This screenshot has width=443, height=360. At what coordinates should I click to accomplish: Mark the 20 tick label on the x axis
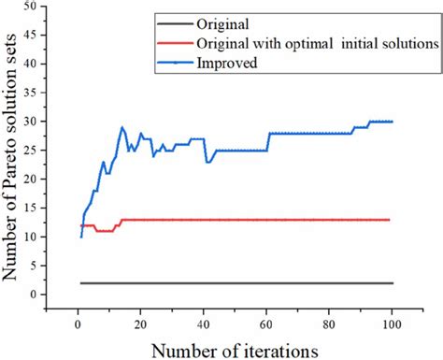140,324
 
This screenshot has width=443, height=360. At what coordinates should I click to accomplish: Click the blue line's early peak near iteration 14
121,127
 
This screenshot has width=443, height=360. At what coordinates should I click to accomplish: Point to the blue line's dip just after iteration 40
207,162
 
